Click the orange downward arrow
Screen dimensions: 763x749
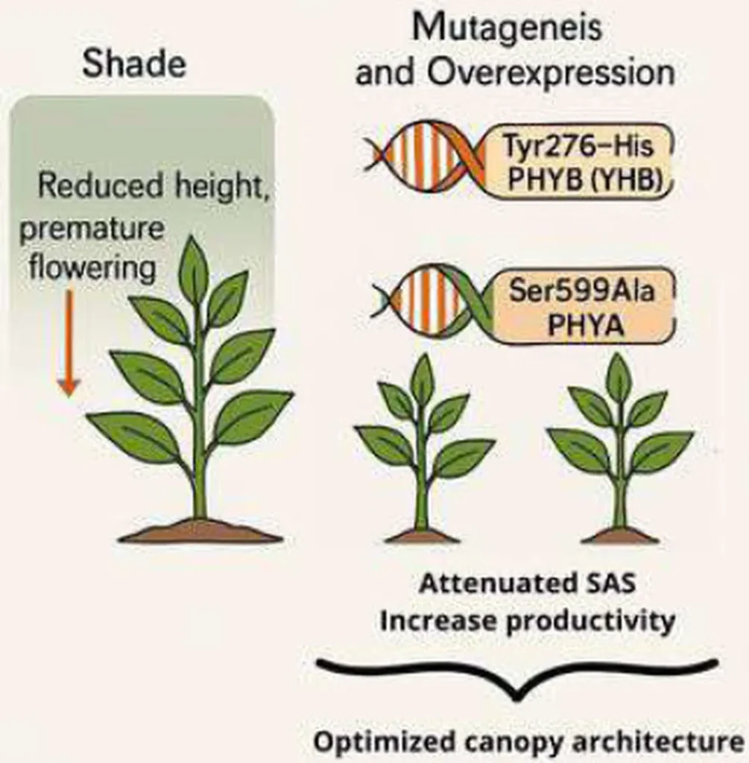point(69,343)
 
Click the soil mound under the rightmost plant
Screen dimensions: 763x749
point(621,535)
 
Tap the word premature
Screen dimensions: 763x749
point(91,228)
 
